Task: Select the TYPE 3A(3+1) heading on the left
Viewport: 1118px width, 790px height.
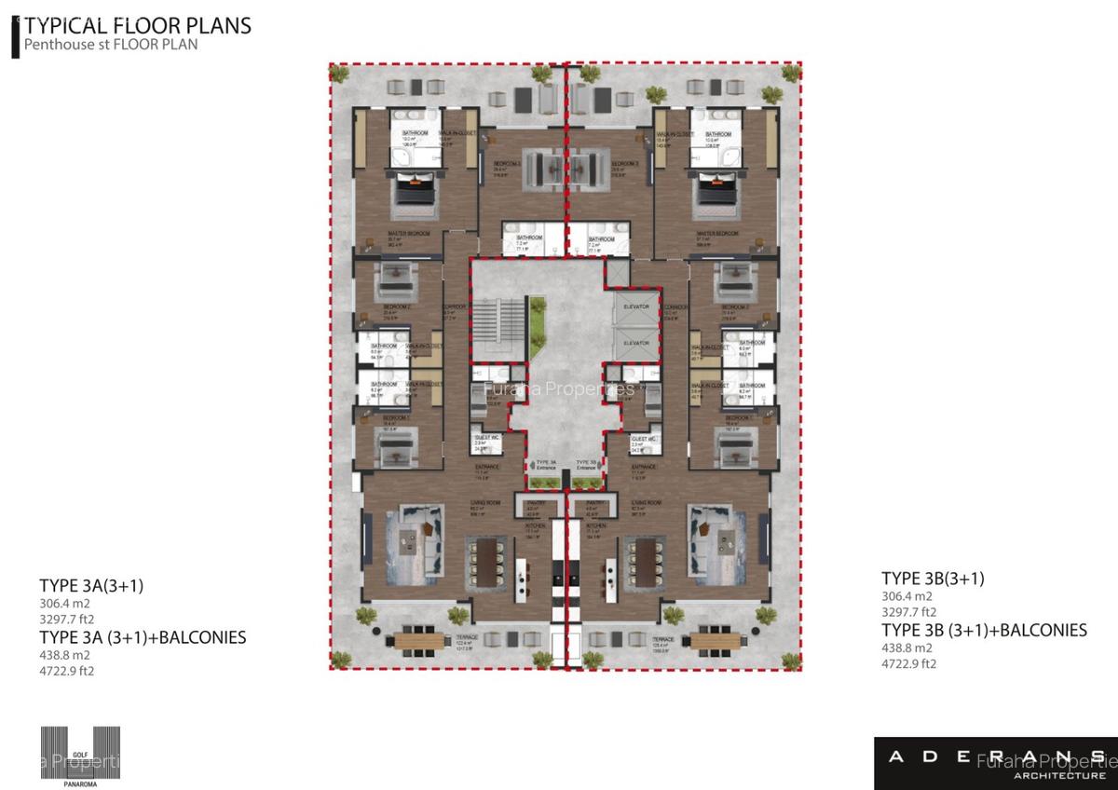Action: click(91, 586)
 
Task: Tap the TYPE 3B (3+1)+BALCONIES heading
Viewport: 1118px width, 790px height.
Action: click(984, 631)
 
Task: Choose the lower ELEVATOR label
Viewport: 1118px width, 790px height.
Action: click(635, 343)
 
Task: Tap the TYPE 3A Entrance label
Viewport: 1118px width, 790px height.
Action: click(546, 464)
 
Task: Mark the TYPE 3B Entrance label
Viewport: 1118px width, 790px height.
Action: click(586, 464)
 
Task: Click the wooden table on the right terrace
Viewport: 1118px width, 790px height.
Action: click(715, 641)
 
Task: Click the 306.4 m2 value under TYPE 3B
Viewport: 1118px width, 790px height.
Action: click(907, 596)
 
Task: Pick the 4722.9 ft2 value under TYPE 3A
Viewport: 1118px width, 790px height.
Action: click(67, 670)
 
